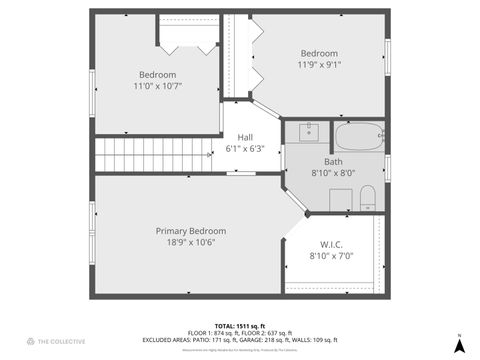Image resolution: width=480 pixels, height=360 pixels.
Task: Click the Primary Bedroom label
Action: coord(190,231)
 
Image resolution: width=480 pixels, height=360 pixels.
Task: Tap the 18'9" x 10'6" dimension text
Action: coord(190,242)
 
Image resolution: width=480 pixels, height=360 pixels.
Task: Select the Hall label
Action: coord(245,138)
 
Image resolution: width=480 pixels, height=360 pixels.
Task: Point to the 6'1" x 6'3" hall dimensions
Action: coord(245,149)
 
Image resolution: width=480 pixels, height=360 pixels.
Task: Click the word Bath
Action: coord(333,161)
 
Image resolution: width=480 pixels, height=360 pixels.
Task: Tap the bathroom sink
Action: coord(308,131)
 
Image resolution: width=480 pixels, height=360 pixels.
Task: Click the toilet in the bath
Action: coord(367,196)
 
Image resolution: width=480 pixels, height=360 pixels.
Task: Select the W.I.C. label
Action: coord(332,244)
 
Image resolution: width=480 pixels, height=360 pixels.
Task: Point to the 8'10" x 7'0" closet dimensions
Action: coord(332,255)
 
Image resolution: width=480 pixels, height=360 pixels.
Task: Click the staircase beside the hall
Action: coord(154,155)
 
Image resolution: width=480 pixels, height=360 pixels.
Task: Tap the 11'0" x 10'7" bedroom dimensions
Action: coord(157,86)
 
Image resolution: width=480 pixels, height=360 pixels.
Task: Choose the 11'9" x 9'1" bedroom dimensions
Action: coord(319,65)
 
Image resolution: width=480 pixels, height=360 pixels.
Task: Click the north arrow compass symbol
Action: coord(458,343)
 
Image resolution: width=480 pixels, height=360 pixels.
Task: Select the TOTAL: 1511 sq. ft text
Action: coord(240,326)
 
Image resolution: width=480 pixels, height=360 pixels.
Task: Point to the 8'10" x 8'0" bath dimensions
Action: coord(333,172)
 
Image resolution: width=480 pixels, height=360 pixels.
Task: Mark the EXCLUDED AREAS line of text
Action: coord(240,340)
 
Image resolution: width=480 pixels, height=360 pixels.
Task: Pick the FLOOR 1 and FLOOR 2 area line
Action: coord(240,333)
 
